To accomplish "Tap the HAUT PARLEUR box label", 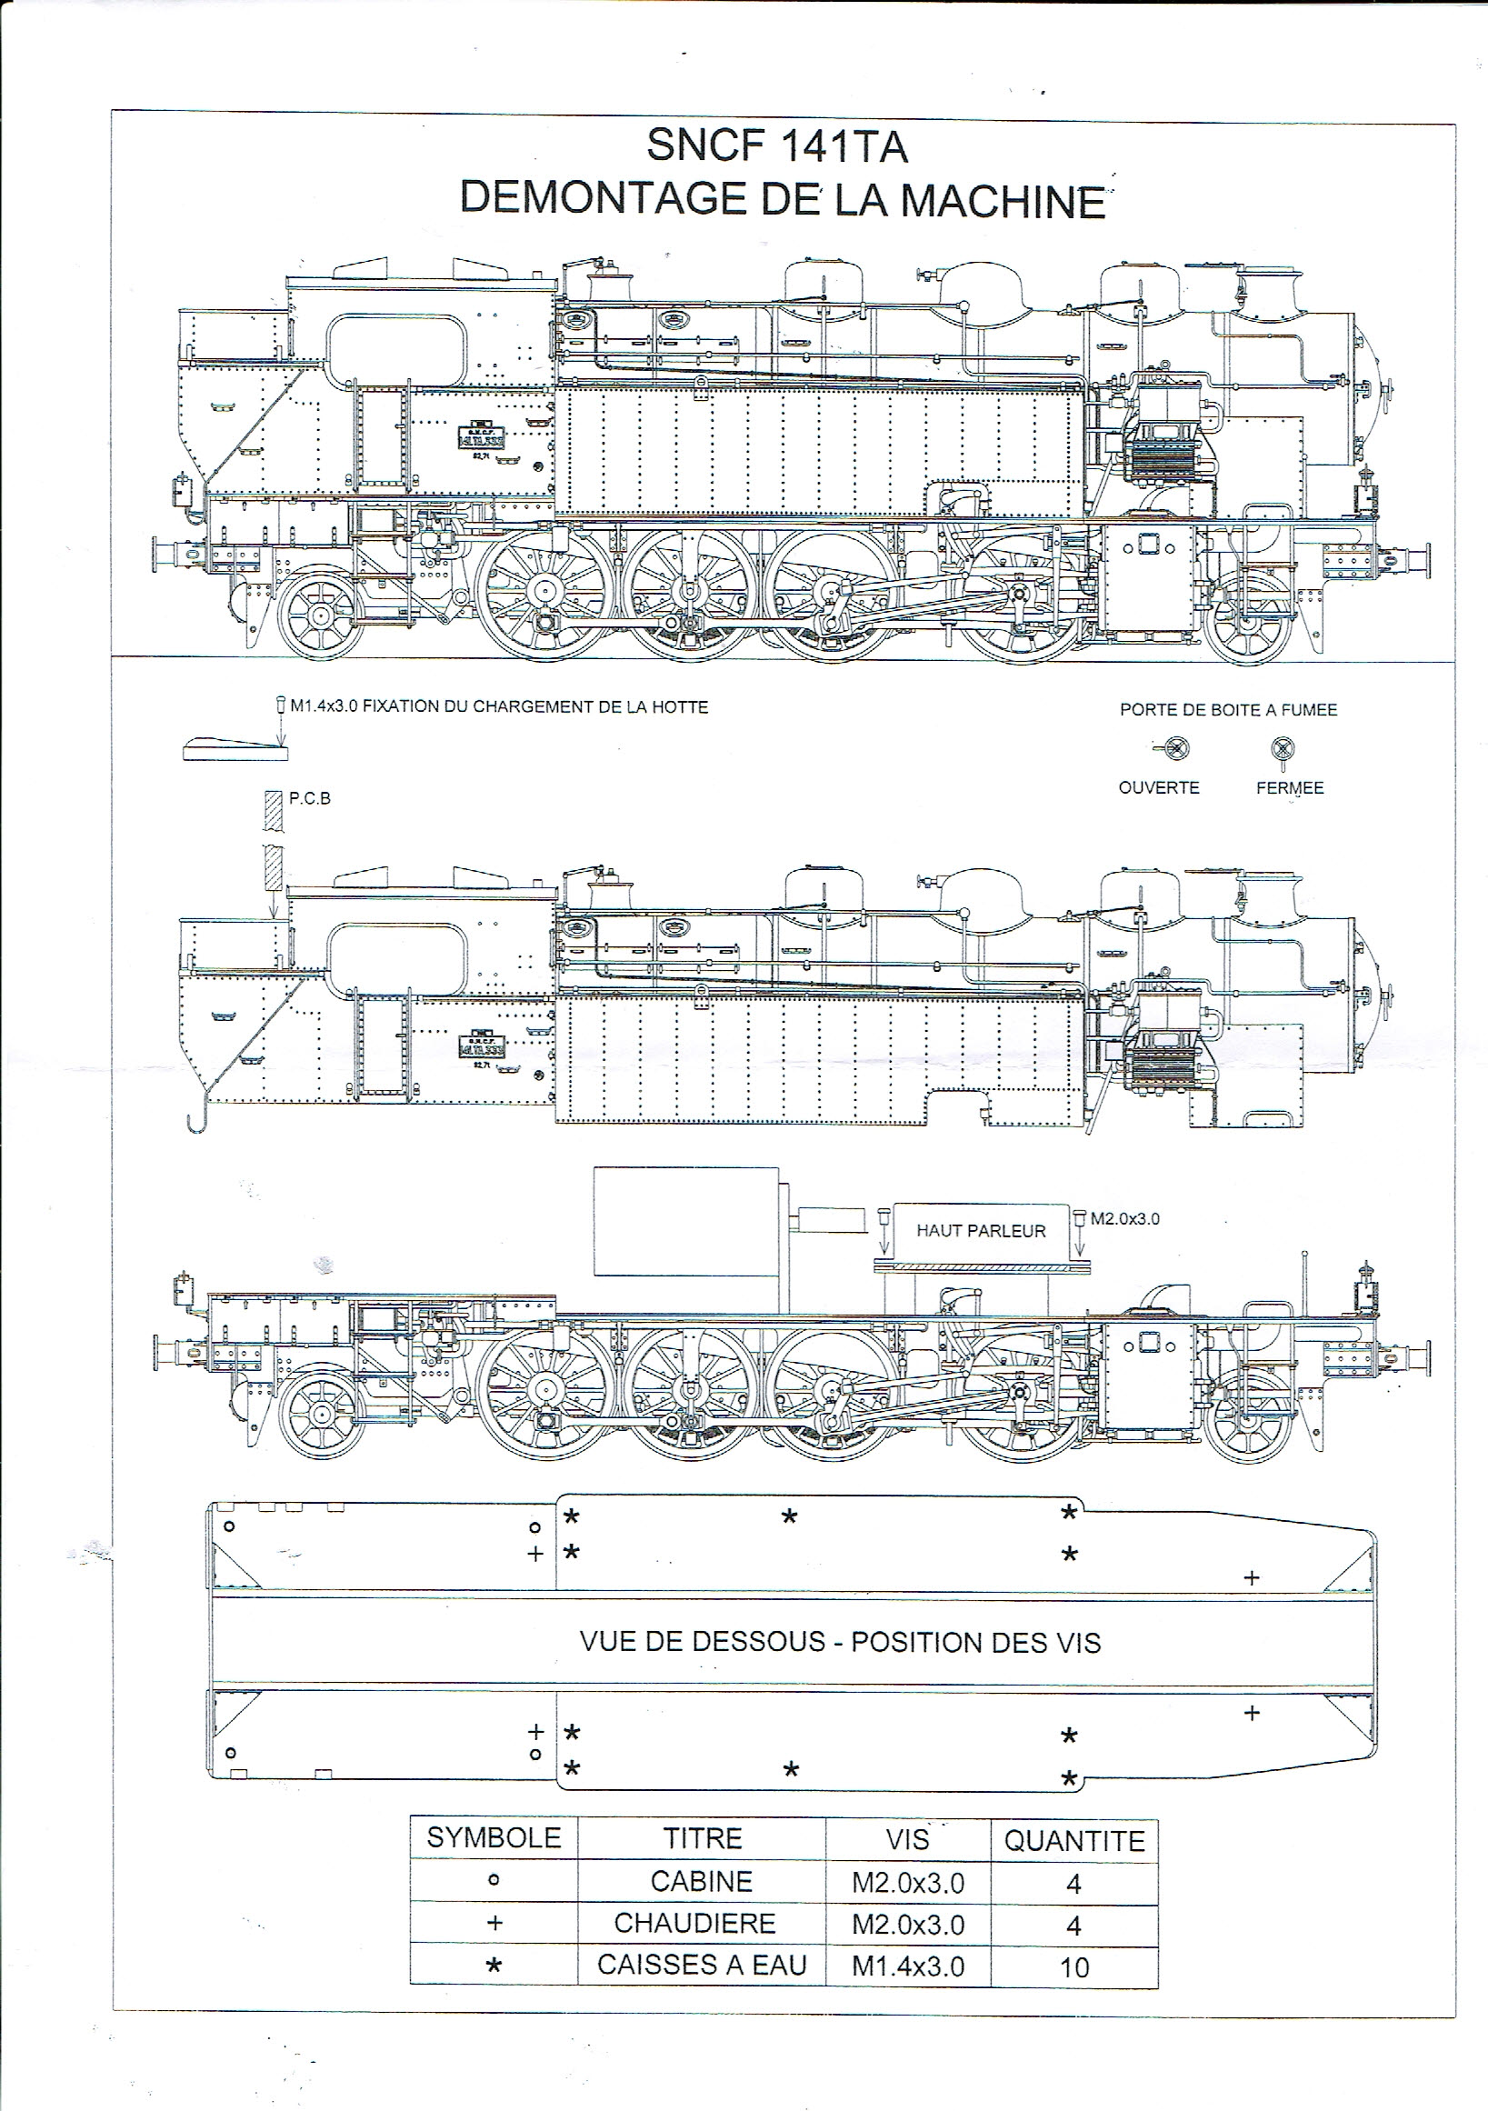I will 981,1231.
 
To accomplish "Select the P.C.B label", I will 310,798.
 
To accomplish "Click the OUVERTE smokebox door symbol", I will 1174,748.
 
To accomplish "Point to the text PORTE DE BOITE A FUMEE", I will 1228,710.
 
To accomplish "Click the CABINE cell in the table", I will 701,1882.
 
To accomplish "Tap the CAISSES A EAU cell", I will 701,1965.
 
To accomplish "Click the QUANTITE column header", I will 1074,1841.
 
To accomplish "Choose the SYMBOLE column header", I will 494,1838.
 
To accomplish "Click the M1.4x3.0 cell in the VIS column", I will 907,1966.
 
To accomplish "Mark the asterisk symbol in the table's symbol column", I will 494,1966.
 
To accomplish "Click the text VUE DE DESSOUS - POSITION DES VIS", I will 839,1642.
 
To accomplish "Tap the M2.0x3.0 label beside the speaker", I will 1125,1219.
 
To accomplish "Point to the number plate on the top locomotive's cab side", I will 482,435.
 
